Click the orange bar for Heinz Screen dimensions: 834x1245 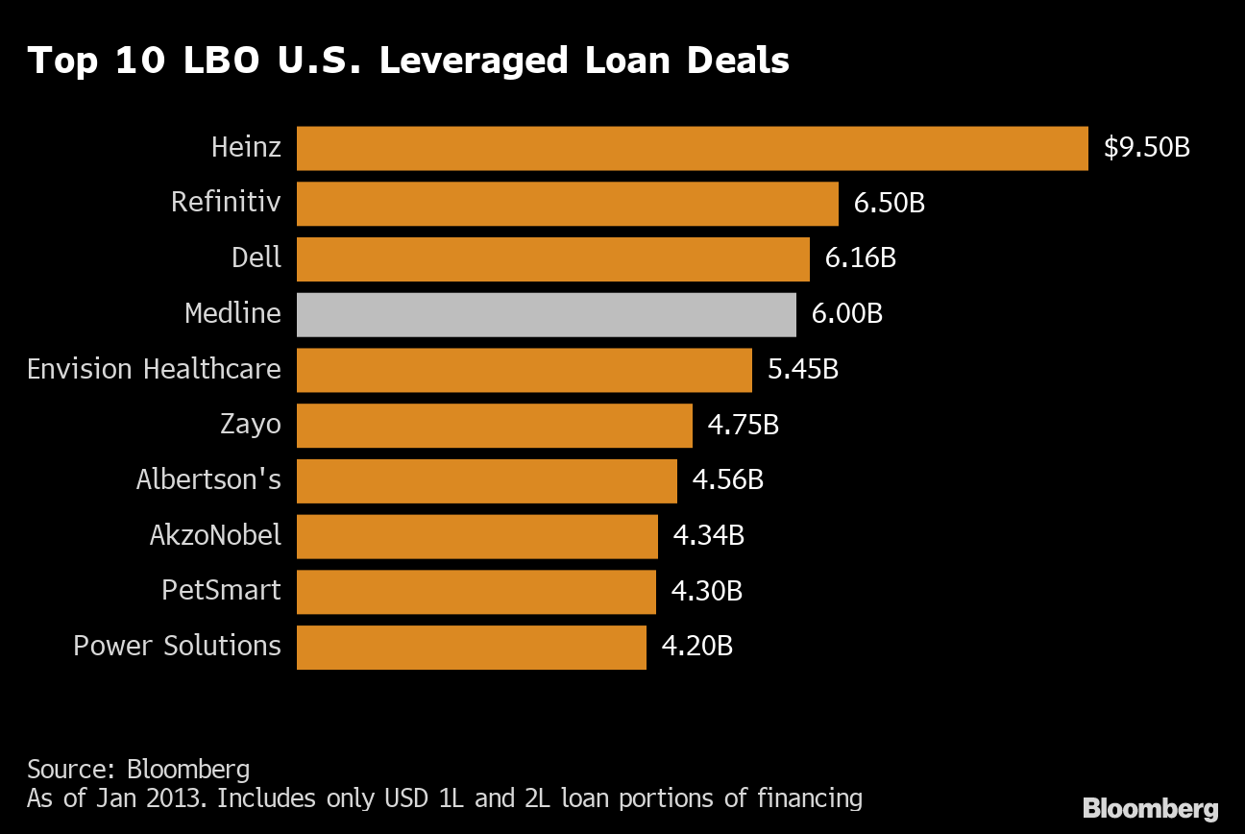tap(692, 148)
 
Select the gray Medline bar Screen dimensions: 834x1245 tap(546, 314)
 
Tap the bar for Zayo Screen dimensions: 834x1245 tap(494, 425)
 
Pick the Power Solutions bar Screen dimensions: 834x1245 tap(471, 647)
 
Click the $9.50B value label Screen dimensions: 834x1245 tap(1147, 148)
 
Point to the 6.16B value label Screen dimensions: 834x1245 tap(860, 258)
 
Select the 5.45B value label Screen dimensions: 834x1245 tap(802, 370)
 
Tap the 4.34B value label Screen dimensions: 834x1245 tap(708, 536)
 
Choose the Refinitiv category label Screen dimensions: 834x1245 tap(226, 203)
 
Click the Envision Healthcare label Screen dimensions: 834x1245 tap(154, 370)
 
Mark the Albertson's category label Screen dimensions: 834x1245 tap(208, 479)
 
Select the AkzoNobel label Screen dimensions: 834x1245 tap(215, 536)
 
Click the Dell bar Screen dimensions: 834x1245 tap(552, 258)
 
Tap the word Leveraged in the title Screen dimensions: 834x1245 tap(476, 61)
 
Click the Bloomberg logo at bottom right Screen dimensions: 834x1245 tap(1150, 808)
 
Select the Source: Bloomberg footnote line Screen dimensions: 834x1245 tap(138, 770)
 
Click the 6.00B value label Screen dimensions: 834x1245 tap(846, 314)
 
